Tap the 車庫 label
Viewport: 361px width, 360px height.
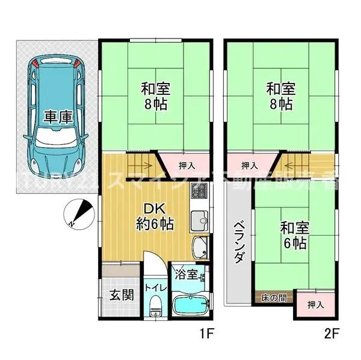pos(58,116)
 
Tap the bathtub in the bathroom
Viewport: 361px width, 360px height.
pos(190,306)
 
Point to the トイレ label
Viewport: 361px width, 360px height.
pos(155,287)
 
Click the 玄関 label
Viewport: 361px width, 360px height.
pos(121,296)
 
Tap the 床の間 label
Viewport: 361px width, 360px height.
pos(274,297)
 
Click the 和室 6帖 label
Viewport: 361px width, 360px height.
pos(294,236)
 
